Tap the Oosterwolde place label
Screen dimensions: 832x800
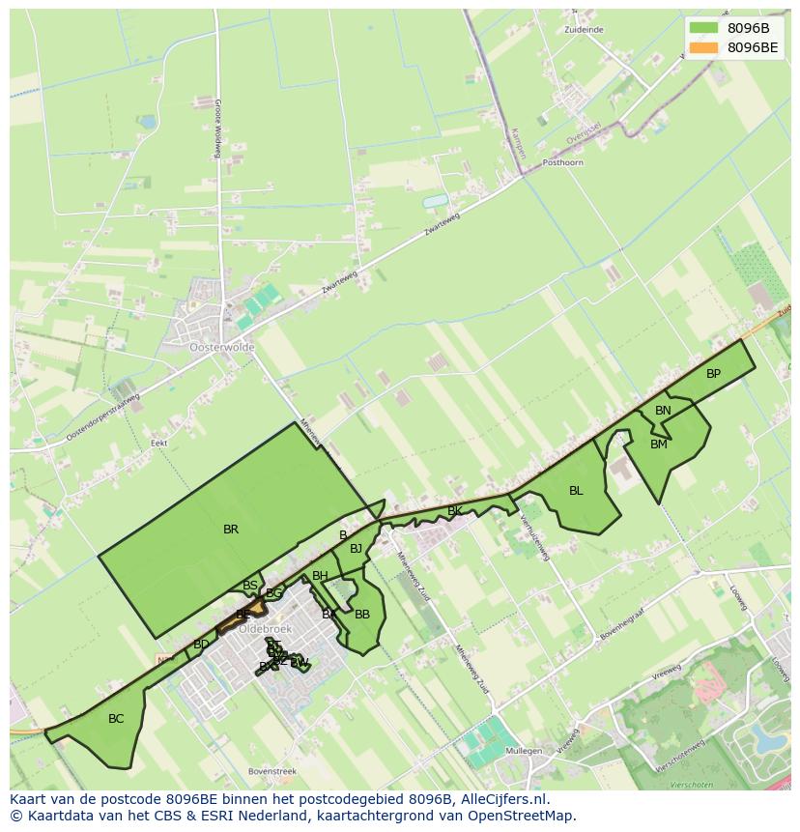(222, 347)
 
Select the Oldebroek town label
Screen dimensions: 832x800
(265, 628)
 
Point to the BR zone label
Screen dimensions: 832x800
(231, 530)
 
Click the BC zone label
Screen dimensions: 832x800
(116, 719)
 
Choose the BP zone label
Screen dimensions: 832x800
(713, 374)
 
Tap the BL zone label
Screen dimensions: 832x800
(576, 491)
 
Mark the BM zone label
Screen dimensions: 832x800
(659, 445)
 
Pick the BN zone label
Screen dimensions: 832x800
(663, 411)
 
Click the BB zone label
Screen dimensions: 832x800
(362, 615)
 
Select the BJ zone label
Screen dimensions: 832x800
(356, 549)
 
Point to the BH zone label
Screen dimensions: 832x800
(320, 576)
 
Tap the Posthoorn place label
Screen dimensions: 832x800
(563, 162)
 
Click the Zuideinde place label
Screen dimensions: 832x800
(584, 30)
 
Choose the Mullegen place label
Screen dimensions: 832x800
(524, 751)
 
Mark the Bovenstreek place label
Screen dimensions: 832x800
(271, 771)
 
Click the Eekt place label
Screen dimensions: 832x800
(159, 443)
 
